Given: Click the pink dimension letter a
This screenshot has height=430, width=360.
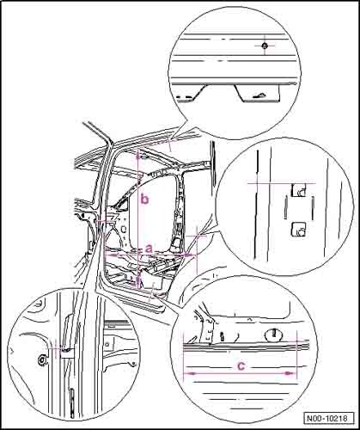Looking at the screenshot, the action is click(149, 249).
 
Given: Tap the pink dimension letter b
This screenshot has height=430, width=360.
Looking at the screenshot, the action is click(145, 199).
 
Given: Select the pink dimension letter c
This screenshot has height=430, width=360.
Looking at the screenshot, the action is click(241, 365).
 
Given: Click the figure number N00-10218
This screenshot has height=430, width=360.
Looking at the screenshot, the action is click(327, 418).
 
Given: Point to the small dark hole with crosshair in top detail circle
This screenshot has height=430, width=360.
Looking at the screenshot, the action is click(265, 46).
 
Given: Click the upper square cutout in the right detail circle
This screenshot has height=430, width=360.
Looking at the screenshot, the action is click(299, 190).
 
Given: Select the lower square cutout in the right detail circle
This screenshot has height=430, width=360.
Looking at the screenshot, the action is click(299, 230).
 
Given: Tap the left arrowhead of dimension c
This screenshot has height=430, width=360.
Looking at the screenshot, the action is click(187, 373).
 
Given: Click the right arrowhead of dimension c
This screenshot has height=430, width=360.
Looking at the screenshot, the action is click(290, 373).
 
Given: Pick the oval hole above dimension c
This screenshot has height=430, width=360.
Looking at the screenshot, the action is click(274, 334).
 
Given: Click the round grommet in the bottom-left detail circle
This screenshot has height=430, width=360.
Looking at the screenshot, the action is click(42, 359).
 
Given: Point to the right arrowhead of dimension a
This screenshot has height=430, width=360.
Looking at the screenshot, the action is click(186, 254).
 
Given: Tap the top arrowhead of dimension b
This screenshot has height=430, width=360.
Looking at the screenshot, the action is click(138, 157).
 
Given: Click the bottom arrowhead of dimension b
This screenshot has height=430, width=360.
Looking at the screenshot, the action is click(138, 284).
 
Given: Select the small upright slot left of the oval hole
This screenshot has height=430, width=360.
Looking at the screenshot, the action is click(222, 335).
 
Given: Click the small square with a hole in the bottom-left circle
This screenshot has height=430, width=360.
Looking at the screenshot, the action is click(108, 344).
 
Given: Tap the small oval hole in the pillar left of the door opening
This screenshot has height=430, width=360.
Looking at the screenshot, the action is click(125, 230).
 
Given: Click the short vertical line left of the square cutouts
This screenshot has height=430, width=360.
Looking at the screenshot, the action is click(286, 207).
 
